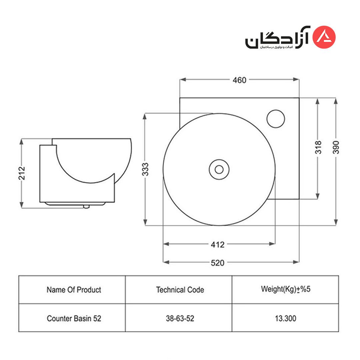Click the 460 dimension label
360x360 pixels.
click(239, 80)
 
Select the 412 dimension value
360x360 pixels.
click(217, 245)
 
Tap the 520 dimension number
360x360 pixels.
click(217, 263)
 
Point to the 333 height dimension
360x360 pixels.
click(145, 169)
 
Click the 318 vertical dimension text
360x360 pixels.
click(318, 147)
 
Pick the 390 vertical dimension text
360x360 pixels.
click(336, 147)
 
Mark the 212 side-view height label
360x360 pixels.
click(22, 173)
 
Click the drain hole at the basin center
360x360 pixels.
click(219, 169)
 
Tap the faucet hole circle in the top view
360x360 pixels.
click(276, 119)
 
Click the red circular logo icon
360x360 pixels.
click(324, 37)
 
